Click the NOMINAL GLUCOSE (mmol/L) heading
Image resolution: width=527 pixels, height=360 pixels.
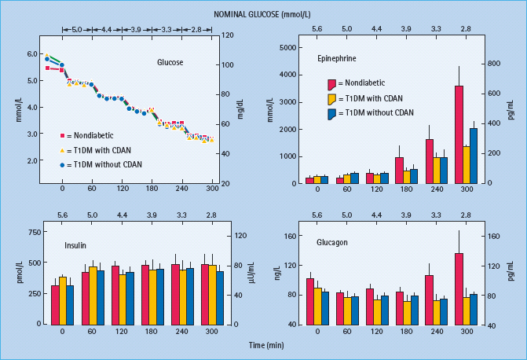point(263,13)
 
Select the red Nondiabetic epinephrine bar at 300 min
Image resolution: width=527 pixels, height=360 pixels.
point(459,134)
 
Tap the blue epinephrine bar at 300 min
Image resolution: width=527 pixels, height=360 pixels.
point(474,156)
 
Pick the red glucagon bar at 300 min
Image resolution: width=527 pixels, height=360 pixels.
point(459,289)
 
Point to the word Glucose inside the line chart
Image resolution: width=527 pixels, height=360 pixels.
point(170,62)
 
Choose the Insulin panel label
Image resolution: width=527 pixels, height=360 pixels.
point(75,245)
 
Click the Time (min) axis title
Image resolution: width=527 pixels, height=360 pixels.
point(263,345)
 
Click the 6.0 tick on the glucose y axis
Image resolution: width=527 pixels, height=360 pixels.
point(32,53)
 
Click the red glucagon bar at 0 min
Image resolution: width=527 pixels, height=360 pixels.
point(310,301)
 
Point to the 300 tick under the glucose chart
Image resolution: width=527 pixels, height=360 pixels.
point(213,189)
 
